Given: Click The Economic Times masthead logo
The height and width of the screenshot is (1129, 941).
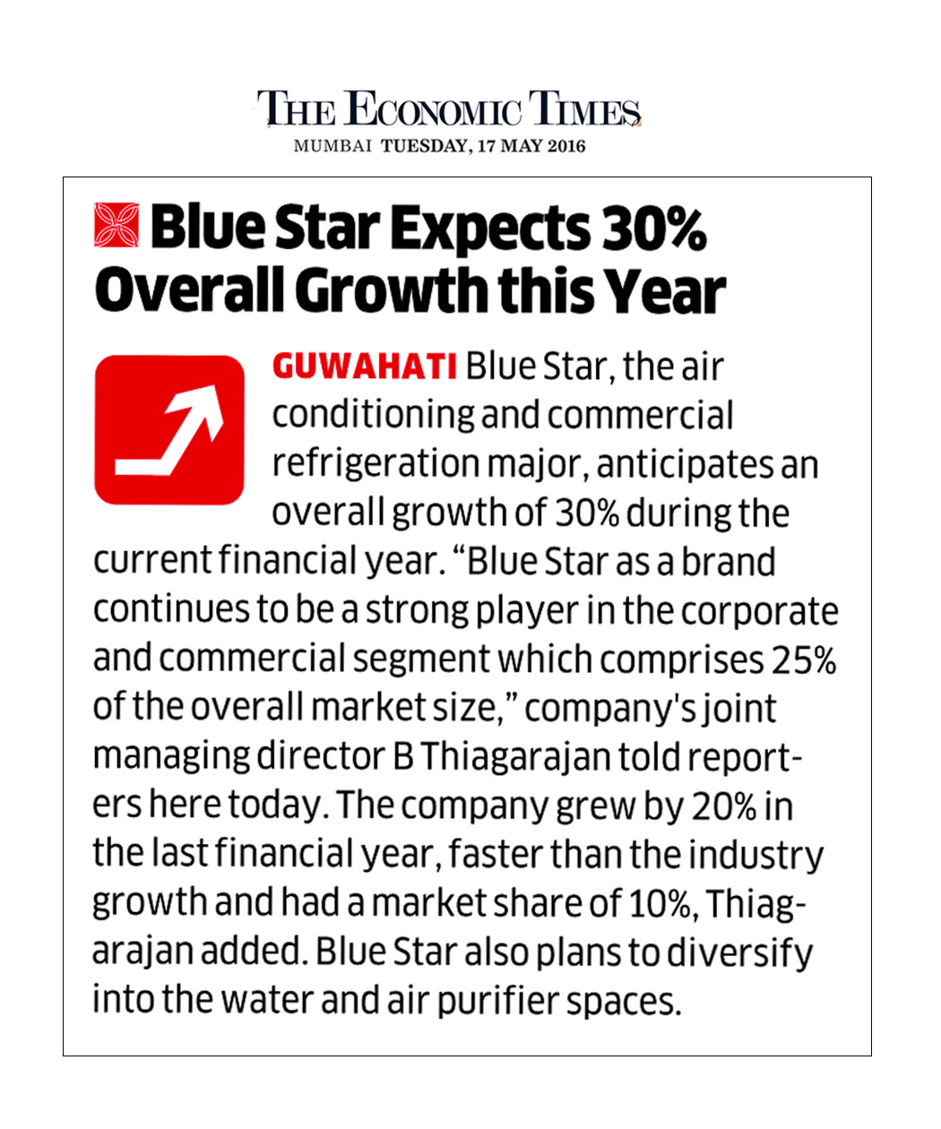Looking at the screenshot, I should (x=449, y=109).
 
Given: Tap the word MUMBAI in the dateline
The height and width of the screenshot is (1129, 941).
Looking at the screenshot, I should (x=332, y=146).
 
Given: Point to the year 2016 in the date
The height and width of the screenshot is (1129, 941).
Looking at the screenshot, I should (x=565, y=146).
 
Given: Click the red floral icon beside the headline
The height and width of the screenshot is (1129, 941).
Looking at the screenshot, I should (x=117, y=225).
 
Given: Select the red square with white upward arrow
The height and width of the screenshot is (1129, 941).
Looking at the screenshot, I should (x=169, y=430).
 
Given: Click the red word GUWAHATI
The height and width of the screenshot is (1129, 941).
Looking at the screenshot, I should (x=365, y=367).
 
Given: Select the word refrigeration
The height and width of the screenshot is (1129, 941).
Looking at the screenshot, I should (x=376, y=464).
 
